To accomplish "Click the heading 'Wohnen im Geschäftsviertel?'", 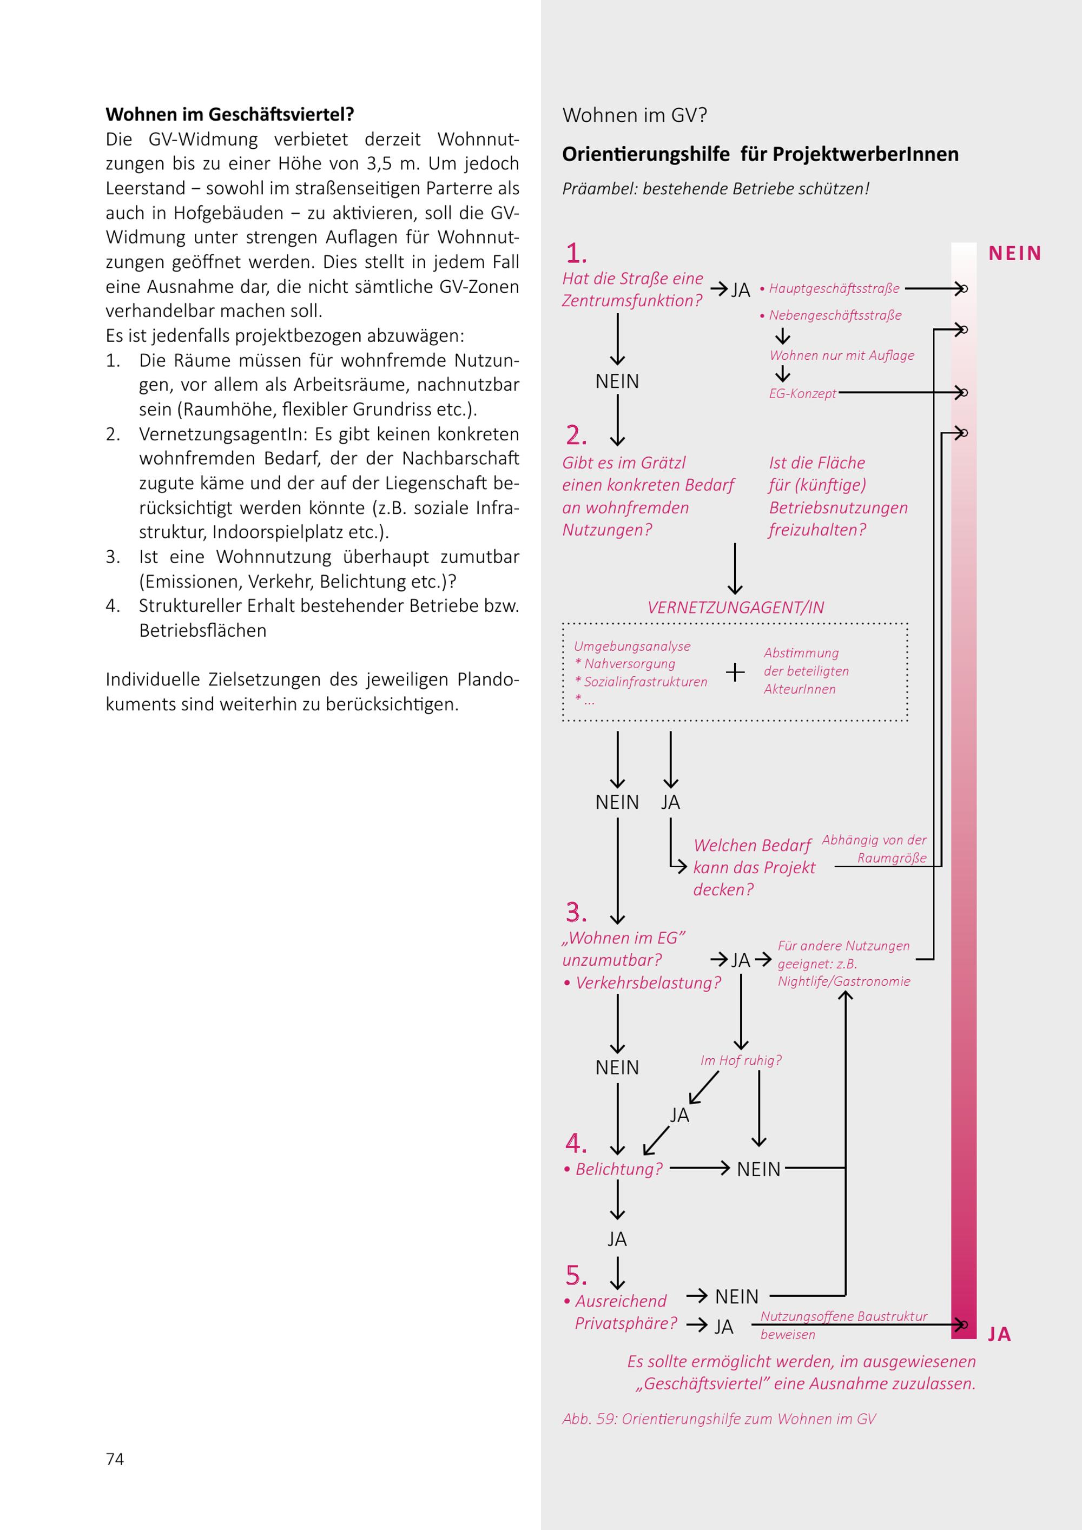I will (229, 114).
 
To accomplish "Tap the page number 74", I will (115, 1459).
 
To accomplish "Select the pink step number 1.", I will (576, 254).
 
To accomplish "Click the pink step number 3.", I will (576, 912).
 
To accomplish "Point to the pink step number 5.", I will (576, 1275).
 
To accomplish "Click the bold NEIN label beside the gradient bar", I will (1015, 253).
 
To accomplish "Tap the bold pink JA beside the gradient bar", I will (999, 1334).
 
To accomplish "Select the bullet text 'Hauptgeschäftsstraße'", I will (834, 288).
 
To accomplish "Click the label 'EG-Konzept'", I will (802, 394).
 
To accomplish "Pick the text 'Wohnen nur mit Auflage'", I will (841, 355).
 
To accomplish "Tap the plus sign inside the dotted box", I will (735, 672).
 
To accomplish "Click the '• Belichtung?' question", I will (613, 1168).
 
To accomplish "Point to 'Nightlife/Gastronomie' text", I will (843, 981).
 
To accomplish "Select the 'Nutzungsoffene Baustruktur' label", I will (843, 1316).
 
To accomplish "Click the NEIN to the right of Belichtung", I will (758, 1169).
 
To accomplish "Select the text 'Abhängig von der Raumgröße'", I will (874, 848).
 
